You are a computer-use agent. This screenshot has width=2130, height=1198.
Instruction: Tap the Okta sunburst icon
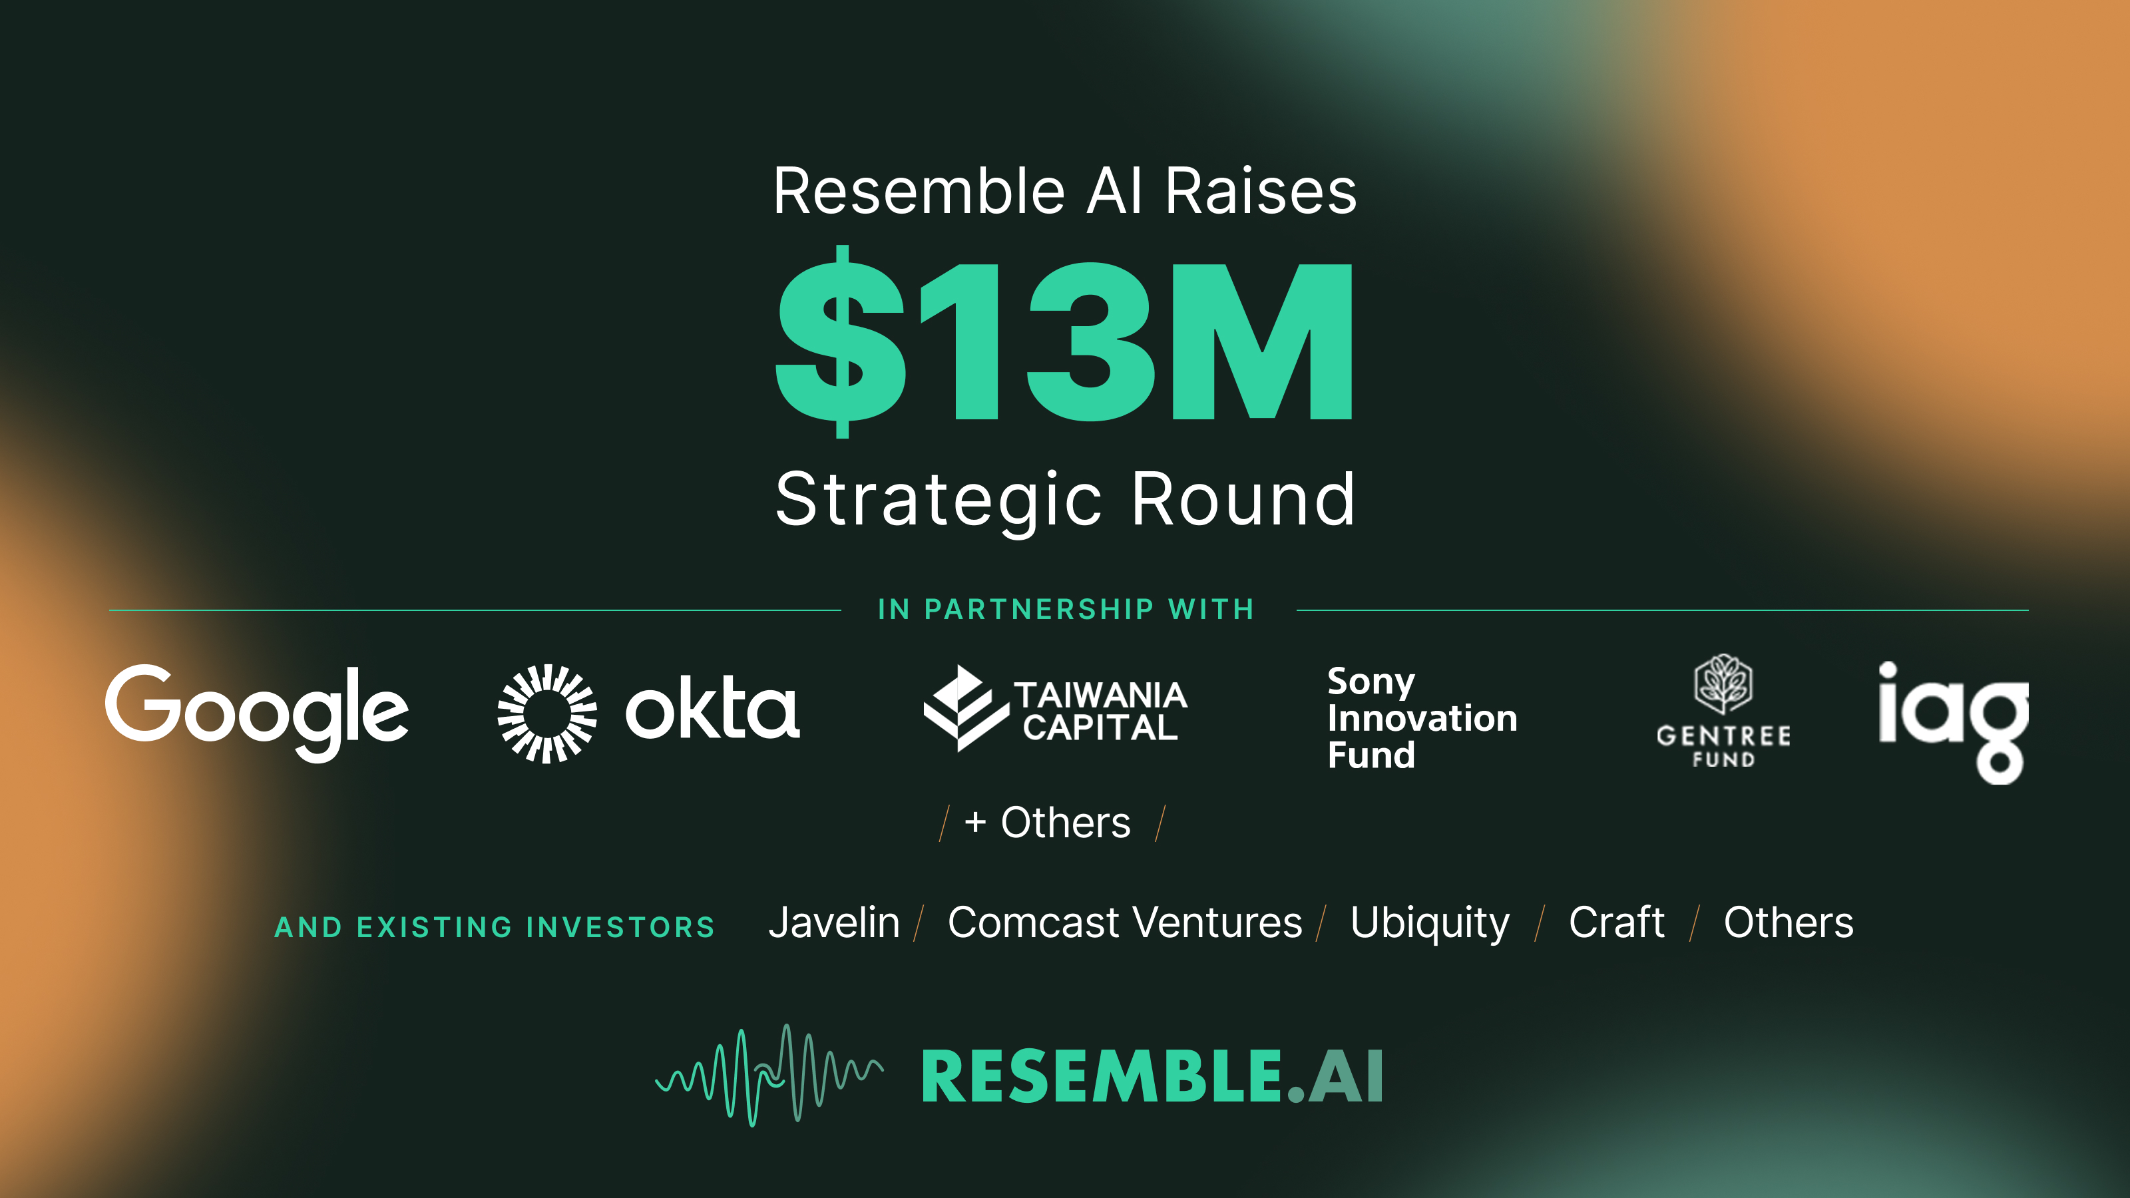pos(546,713)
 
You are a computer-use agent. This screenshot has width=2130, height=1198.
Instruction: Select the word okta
pos(712,709)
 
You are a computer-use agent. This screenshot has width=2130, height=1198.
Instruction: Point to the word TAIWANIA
pos(1100,694)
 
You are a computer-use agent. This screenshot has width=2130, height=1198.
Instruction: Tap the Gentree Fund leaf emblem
pos(1723,684)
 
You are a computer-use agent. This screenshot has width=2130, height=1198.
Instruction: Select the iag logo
pos(1952,719)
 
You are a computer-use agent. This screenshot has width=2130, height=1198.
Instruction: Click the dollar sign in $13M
pos(840,341)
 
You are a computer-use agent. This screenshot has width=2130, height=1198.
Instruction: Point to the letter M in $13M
pos(1262,341)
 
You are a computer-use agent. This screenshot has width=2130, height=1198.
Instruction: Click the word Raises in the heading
pos(1260,192)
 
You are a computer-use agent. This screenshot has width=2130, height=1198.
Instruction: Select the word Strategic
pos(939,500)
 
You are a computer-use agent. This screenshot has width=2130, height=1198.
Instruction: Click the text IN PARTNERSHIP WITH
pos(1066,610)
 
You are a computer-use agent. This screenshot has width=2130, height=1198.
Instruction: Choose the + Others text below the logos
pos(1048,823)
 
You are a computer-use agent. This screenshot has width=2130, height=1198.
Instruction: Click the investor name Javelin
pos(833,922)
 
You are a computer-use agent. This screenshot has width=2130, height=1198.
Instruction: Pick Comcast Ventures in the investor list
pos(1124,922)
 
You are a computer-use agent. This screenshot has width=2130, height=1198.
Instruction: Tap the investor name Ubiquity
pos(1429,922)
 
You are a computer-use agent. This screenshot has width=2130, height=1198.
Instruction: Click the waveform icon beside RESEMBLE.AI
pos(769,1075)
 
